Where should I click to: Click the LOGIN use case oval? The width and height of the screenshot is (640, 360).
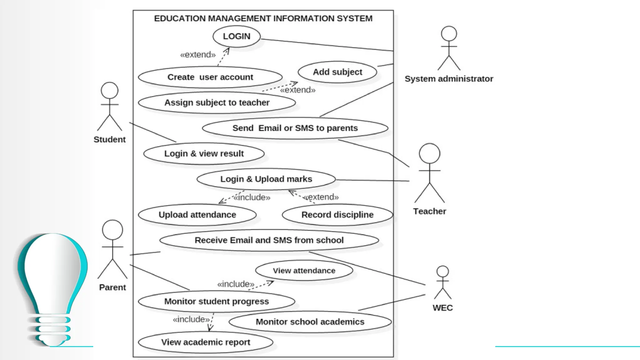237,37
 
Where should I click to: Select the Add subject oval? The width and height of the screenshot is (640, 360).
337,72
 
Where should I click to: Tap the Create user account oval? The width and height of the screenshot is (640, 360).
210,77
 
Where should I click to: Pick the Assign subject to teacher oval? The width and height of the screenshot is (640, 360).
217,102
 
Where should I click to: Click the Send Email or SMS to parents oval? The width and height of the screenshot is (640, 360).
295,128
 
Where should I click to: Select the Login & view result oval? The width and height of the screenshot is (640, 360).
204,154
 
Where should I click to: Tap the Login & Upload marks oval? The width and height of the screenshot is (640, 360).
266,179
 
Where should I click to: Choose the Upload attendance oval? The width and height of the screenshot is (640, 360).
197,215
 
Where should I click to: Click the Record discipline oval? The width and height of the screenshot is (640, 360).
337,215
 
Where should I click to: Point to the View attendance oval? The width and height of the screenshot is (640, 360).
304,271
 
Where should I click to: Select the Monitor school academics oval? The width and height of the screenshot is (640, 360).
310,322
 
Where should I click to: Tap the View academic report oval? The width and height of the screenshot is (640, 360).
206,342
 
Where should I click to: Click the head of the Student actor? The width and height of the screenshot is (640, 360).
109,91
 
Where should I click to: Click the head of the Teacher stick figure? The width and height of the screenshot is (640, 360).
429,153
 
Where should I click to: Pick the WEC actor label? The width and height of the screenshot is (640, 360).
442,308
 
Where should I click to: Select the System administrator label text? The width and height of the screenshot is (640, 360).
449,79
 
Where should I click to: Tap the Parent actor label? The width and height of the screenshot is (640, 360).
112,287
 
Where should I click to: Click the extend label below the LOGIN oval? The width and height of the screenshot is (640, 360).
198,55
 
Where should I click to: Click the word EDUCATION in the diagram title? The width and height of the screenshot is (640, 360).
179,18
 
